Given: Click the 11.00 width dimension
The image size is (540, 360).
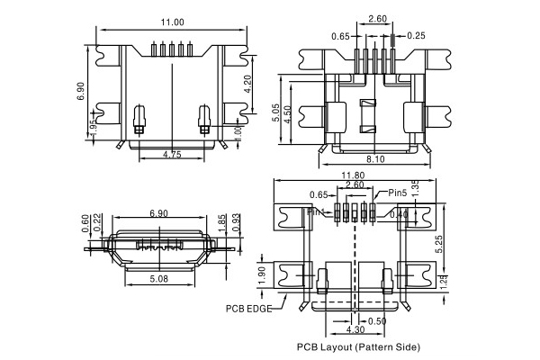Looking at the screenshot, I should click(172, 22).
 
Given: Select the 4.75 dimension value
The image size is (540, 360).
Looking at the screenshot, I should click(173, 156).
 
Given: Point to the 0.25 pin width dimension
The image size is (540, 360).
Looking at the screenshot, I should click(417, 36).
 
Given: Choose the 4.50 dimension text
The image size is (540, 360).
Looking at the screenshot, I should click(288, 115).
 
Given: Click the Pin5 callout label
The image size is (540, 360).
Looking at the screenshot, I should click(400, 193).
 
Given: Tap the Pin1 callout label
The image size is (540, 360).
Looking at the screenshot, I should click(318, 212).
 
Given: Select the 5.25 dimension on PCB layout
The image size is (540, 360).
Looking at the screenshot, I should click(436, 244).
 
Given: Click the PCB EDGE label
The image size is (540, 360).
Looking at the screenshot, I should click(248, 307).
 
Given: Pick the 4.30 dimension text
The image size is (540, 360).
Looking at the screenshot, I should click(355, 330).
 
